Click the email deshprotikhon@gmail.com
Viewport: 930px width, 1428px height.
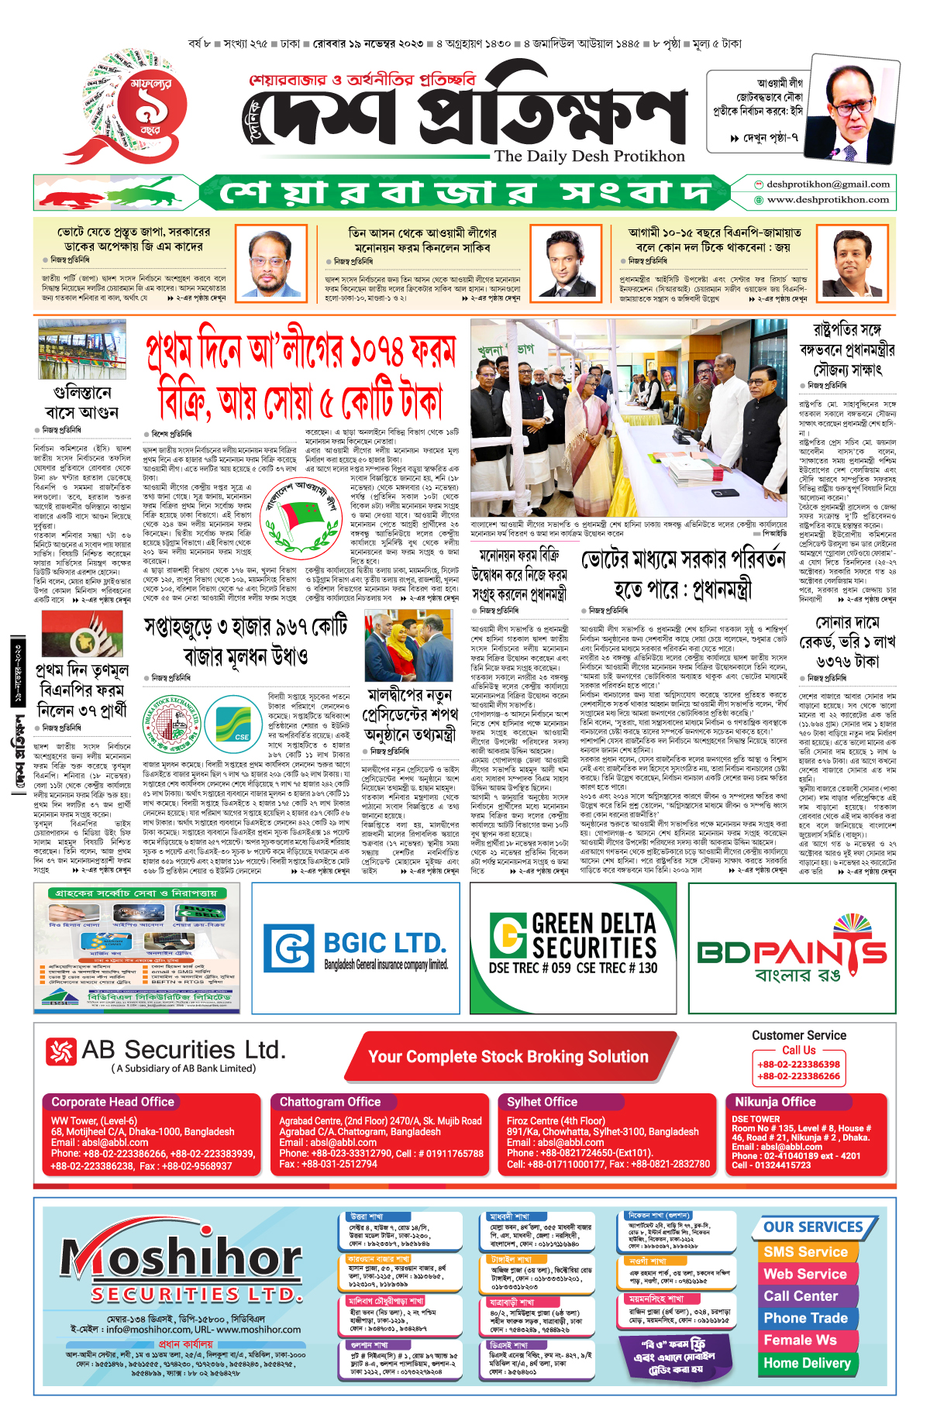828,184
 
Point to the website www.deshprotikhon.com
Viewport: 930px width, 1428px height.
828,200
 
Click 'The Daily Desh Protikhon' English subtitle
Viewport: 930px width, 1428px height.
590,157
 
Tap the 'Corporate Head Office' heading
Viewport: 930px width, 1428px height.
112,1102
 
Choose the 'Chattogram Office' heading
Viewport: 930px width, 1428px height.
330,1102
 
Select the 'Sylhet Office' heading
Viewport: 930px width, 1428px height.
542,1102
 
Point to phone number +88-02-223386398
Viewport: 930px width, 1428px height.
798,1065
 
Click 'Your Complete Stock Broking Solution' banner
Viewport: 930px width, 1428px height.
508,1057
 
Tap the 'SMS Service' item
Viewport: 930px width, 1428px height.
805,1252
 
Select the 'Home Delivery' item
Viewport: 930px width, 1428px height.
807,1363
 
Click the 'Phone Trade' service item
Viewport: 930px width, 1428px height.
805,1318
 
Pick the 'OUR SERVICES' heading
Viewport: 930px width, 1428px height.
813,1227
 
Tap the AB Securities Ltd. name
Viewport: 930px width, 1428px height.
184,1050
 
